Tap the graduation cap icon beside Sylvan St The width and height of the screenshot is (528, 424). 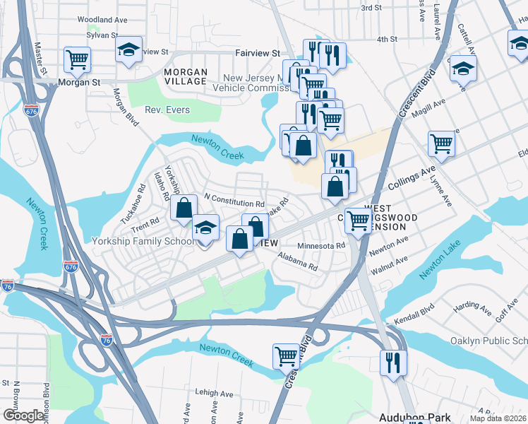point(128,49)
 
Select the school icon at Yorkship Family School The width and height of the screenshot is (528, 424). point(205,228)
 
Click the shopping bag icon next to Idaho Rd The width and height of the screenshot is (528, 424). point(184,208)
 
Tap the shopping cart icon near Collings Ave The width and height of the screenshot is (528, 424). point(441,143)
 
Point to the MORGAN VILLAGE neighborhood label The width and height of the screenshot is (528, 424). point(186,77)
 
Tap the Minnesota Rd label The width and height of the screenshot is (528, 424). point(321,246)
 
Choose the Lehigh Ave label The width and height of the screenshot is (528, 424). point(215,394)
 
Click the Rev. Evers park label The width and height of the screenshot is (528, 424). point(164,110)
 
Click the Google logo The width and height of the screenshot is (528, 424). point(23,416)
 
